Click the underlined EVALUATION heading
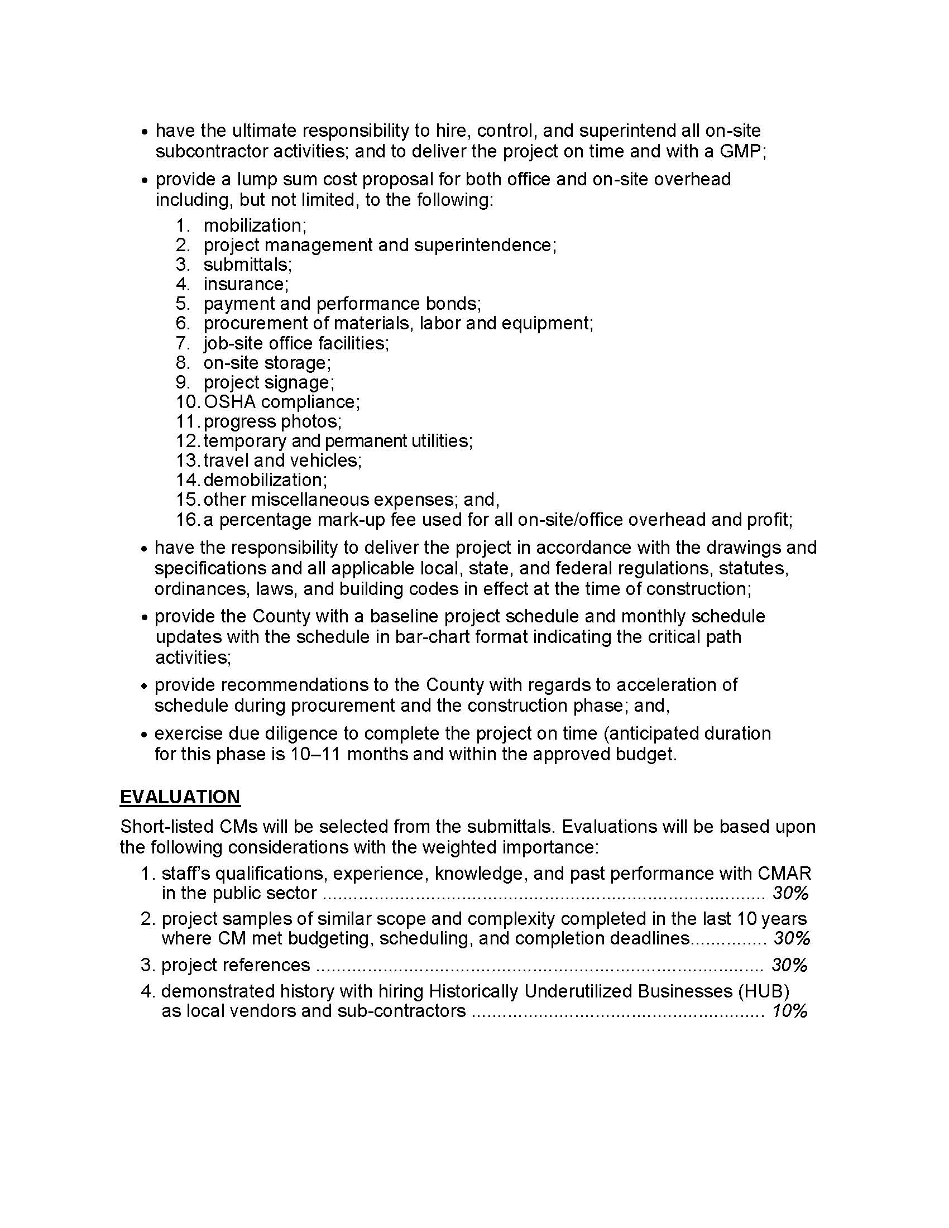pos(180,797)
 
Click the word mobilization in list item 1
pos(254,226)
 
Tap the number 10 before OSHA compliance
pos(186,402)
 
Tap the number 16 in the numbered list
pos(186,520)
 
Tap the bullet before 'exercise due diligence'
pos(144,735)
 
